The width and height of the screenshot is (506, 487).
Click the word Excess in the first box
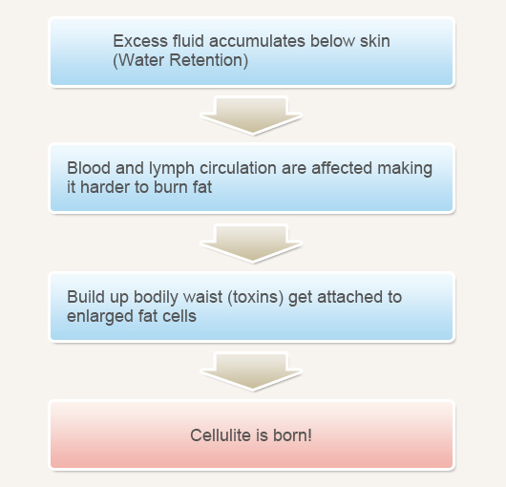coord(140,41)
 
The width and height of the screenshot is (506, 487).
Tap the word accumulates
coord(257,41)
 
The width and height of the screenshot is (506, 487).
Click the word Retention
coord(206,60)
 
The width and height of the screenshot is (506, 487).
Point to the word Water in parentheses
coord(141,60)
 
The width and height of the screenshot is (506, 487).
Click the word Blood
coord(89,168)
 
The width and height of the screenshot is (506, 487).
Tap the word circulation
coord(238,168)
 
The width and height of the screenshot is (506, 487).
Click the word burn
coord(171,187)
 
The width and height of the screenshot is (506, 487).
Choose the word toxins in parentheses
coord(256,297)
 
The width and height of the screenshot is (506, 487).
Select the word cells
coord(179,316)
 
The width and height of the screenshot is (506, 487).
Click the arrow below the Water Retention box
coord(251,115)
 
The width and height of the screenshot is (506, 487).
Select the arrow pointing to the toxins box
coord(251,243)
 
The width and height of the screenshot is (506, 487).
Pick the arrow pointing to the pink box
coord(251,371)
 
